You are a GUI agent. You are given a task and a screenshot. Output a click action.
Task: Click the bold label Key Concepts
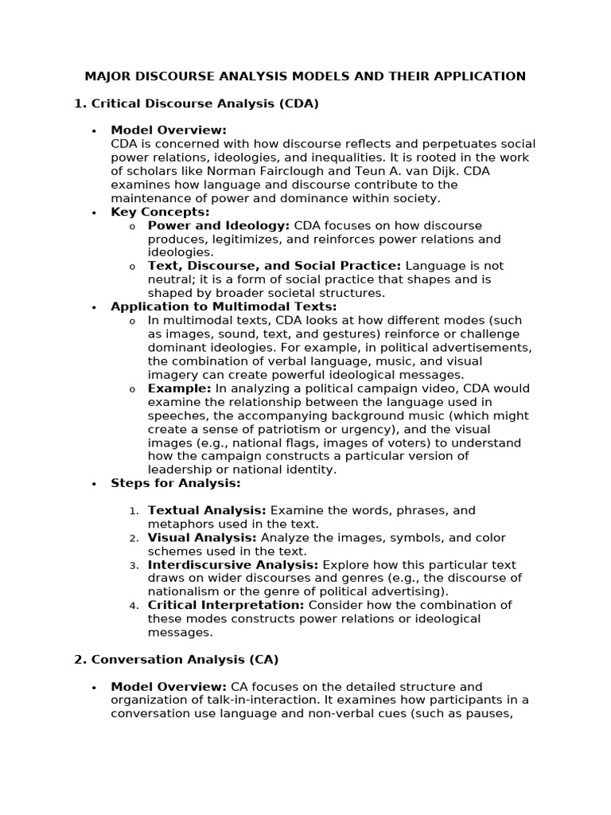[160, 212]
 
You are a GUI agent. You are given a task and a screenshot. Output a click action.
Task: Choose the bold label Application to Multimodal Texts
[224, 306]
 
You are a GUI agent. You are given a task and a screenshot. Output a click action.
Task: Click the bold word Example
[179, 388]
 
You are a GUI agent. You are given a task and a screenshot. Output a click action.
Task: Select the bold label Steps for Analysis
[175, 483]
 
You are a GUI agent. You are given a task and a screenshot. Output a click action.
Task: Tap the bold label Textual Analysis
[207, 510]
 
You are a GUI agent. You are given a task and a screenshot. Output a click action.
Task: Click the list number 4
[134, 606]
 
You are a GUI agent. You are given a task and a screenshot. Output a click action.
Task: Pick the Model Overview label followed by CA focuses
[169, 687]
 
